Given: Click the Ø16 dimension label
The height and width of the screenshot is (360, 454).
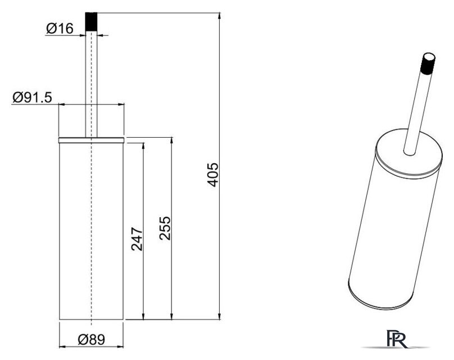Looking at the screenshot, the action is pyautogui.click(x=60, y=29).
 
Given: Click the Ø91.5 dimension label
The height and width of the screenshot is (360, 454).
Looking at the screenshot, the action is pyautogui.click(x=32, y=97).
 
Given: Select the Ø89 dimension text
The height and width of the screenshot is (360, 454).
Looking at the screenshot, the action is pyautogui.click(x=91, y=339).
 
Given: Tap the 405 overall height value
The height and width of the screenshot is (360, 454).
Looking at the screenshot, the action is pyautogui.click(x=213, y=175).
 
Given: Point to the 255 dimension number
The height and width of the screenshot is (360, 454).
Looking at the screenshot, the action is pyautogui.click(x=165, y=228).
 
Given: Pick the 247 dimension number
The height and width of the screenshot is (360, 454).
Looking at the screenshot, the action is pyautogui.click(x=137, y=239).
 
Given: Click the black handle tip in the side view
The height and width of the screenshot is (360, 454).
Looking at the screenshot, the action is pyautogui.click(x=91, y=21).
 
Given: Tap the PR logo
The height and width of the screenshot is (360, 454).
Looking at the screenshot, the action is pyautogui.click(x=396, y=339).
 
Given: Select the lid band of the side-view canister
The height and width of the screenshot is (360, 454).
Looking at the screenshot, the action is pyautogui.click(x=91, y=140).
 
